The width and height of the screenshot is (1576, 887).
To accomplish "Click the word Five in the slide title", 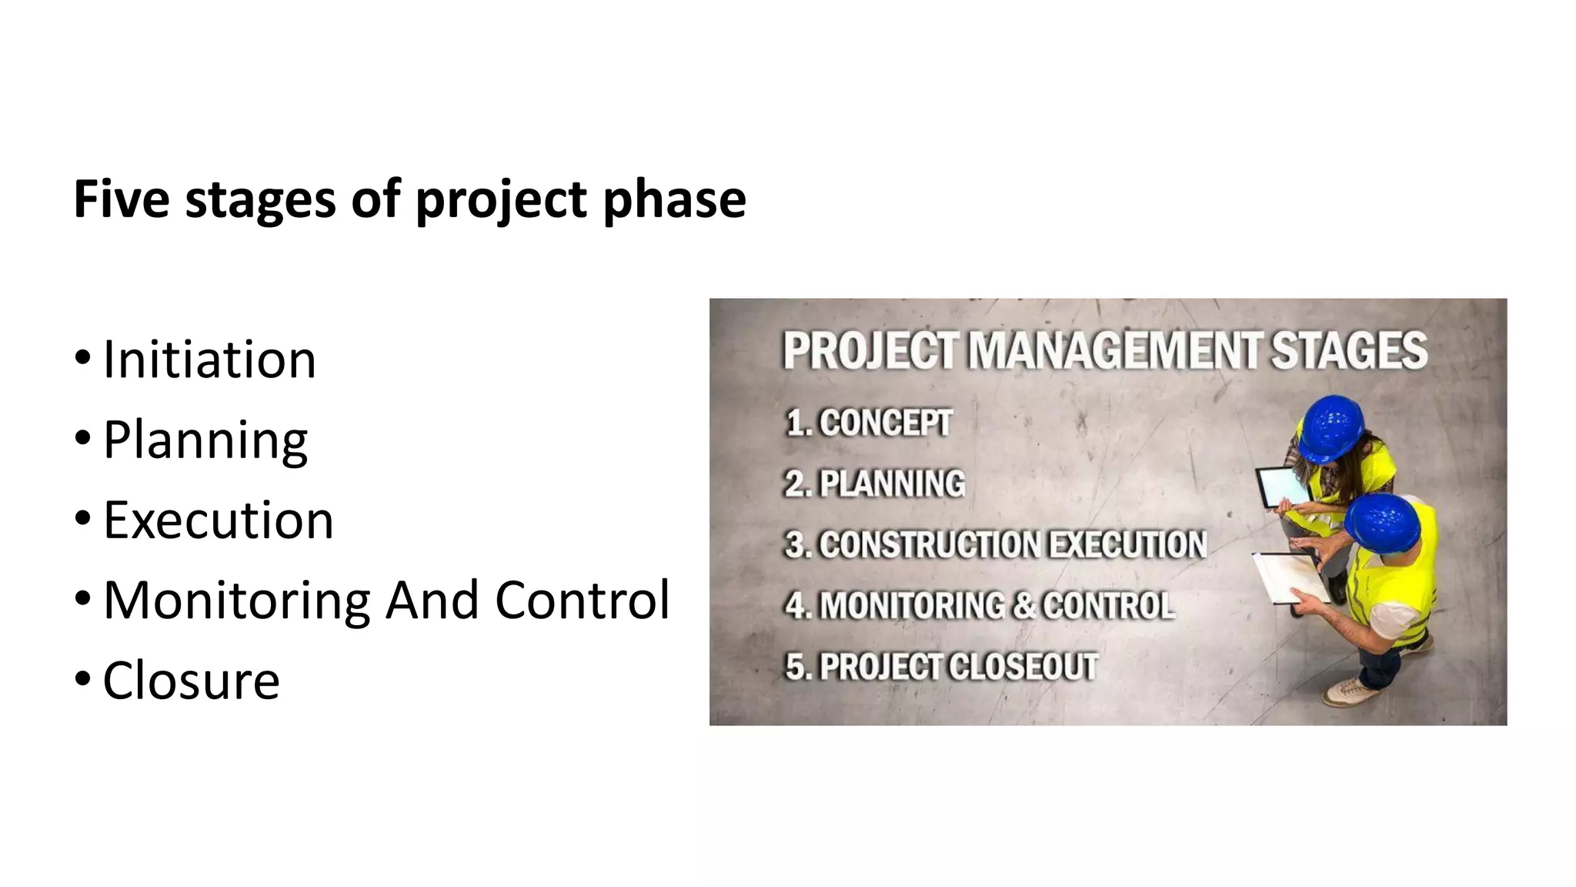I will point(121,199).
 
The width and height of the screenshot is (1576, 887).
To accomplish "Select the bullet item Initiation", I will point(209,360).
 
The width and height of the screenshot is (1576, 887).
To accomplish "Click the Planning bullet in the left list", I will point(205,440).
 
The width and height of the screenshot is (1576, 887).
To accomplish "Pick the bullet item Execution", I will point(219,520).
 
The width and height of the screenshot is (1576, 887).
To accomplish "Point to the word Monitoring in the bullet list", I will point(237,601).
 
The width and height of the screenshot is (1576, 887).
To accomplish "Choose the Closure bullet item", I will point(191,681).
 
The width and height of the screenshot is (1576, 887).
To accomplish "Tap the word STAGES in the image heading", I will point(1348,351).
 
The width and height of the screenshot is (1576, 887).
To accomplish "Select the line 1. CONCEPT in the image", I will point(869,423).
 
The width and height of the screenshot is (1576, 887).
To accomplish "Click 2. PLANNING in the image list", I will point(875,484).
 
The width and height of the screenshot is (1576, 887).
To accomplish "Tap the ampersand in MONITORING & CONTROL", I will point(1023,605).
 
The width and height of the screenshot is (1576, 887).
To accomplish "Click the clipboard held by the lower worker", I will point(1288,577).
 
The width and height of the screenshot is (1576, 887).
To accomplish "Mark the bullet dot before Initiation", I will point(82,358).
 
